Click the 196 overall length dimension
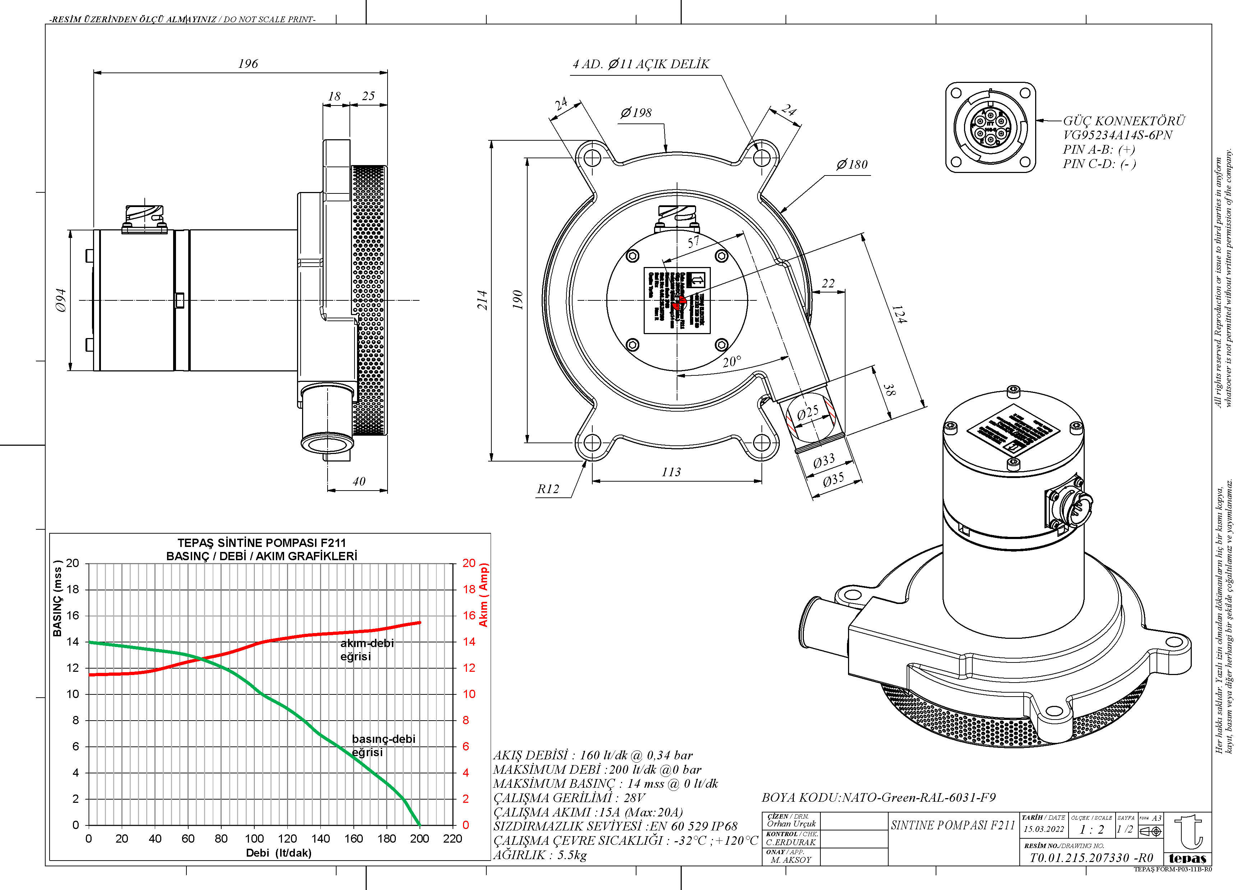tap(248, 64)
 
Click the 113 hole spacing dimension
tap(671, 472)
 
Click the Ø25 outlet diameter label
tap(807, 412)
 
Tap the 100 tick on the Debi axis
tap(254, 838)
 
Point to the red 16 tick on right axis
tap(469, 615)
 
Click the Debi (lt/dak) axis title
tap(278, 853)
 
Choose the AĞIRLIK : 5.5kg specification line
tap(540, 855)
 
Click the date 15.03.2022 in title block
tap(1044, 829)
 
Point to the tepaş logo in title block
tap(1187, 839)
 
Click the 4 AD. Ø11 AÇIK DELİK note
tap(641, 64)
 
